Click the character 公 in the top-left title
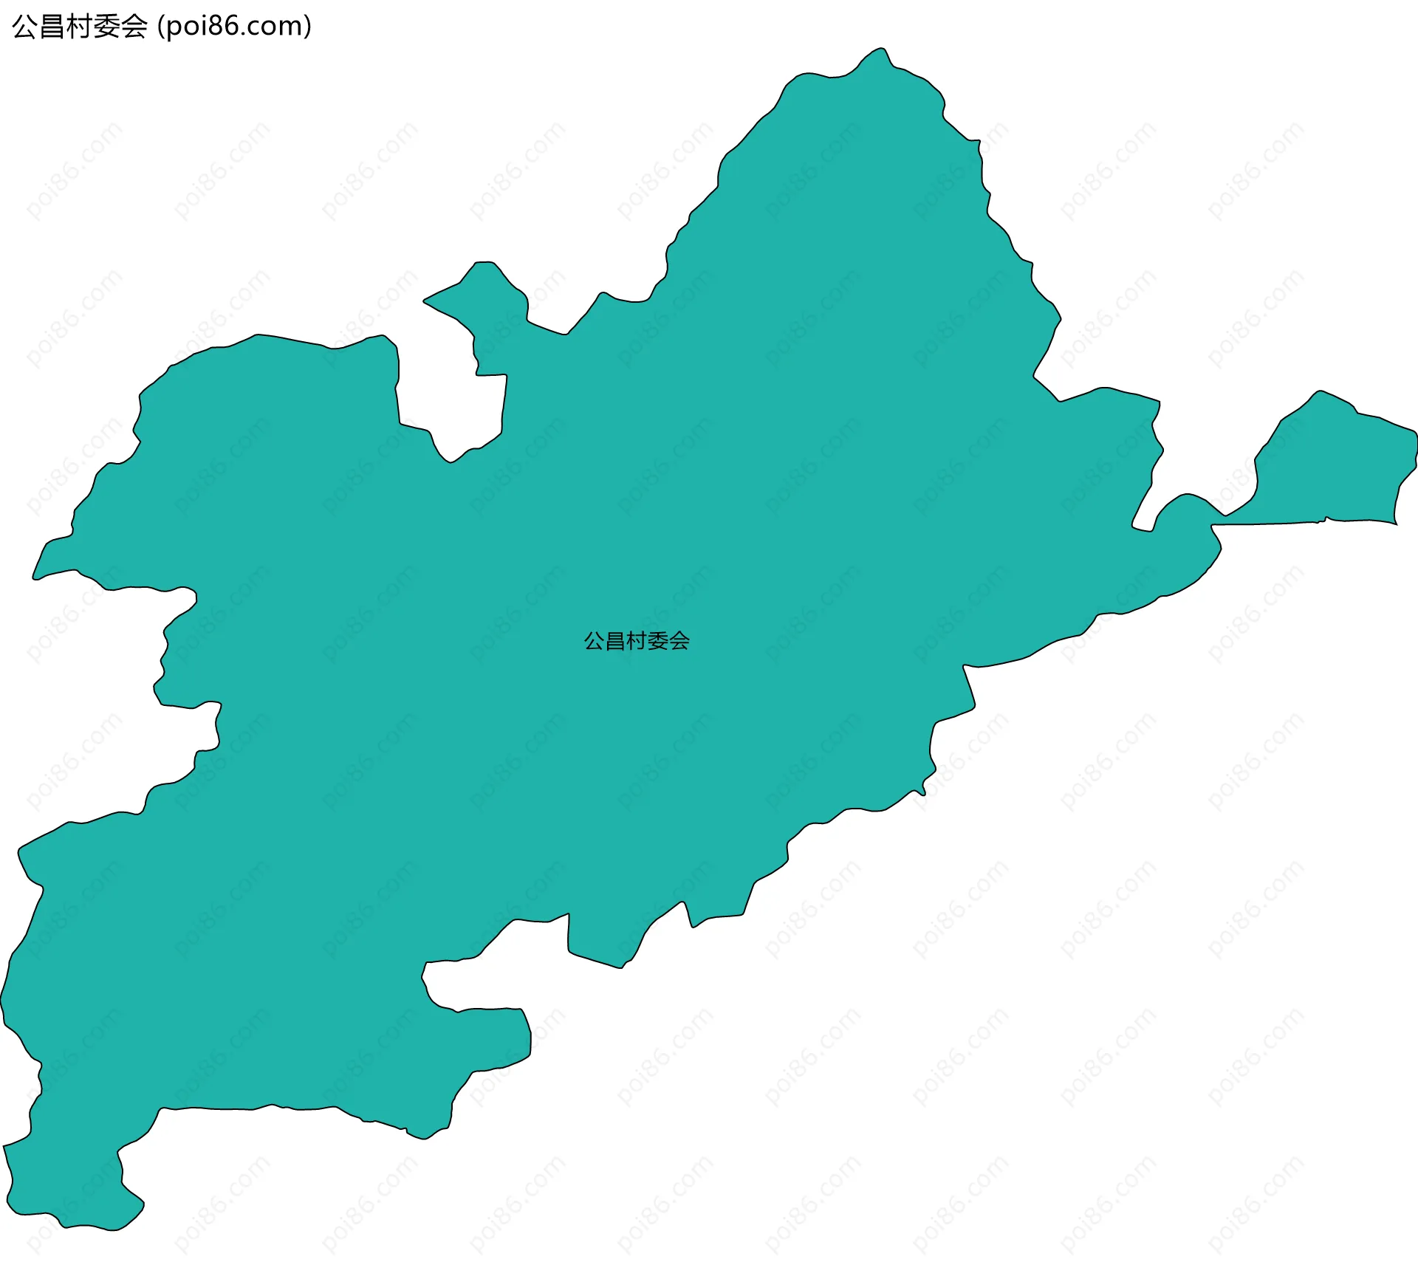pyautogui.click(x=25, y=27)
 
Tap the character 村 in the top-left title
pyautogui.click(x=80, y=27)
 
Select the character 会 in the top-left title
pyautogui.click(x=134, y=27)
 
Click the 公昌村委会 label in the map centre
pyautogui.click(x=637, y=641)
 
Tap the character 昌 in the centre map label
pyautogui.click(x=615, y=641)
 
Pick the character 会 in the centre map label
pyautogui.click(x=679, y=641)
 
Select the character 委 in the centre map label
pyautogui.click(x=658, y=641)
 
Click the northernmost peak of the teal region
pyautogui.click(x=879, y=56)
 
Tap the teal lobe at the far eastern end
pyautogui.click(x=1337, y=465)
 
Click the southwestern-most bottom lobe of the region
pyautogui.click(x=74, y=1189)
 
